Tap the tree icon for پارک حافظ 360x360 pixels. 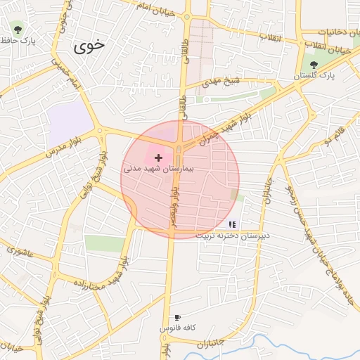point(18,30)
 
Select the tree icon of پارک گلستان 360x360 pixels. point(313,64)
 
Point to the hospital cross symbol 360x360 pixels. point(158,158)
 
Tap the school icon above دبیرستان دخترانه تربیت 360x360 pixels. point(233,225)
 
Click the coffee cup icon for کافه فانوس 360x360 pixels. point(177,317)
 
